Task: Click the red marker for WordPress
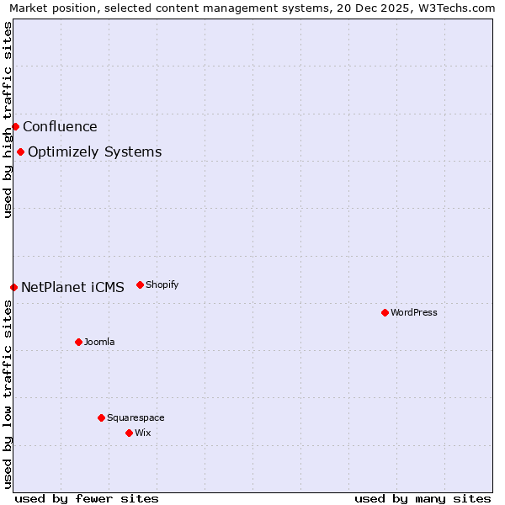385,312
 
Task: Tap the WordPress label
413,312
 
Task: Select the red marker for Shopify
140,284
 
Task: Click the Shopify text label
162,284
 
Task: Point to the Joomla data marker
78,342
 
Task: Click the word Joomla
99,342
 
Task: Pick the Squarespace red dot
101,417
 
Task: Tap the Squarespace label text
136,417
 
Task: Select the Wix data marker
129,433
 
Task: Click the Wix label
143,433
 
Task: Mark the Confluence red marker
15,126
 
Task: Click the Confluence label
60,127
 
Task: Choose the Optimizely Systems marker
20,151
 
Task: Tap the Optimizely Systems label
94,152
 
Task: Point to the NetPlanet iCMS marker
13,287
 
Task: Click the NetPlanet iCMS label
72,288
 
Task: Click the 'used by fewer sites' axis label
87,498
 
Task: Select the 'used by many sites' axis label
423,498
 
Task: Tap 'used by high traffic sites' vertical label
8,120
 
